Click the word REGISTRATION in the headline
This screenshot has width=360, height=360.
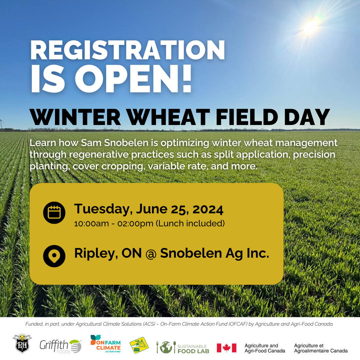pos(127,50)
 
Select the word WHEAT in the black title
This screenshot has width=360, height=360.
pos(169,117)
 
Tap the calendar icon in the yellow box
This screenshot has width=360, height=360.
pos(54,213)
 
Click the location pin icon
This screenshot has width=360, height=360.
pos(54,256)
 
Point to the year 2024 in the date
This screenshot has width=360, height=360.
pos(208,209)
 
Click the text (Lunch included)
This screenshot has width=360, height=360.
pos(190,223)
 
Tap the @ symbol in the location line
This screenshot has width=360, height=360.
pos(151,254)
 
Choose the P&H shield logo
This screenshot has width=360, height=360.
pos(22,343)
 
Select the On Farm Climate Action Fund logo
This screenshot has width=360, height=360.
pos(106,344)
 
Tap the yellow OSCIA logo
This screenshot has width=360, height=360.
pos(139,345)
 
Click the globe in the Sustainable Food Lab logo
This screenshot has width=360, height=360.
pos(166,347)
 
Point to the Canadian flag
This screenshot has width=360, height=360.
pos(226,348)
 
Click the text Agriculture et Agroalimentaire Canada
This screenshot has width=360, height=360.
pos(321,348)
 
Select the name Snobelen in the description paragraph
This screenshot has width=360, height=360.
pos(127,143)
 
